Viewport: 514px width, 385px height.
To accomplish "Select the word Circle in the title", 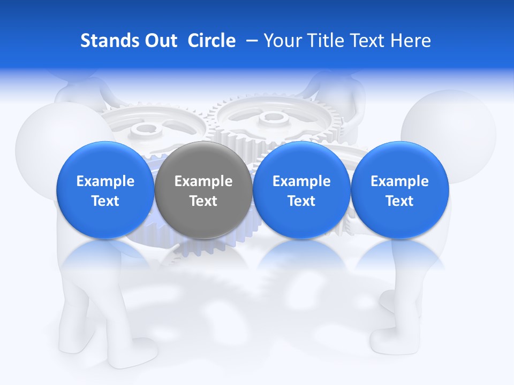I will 211,41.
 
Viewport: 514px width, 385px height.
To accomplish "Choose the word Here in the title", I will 411,41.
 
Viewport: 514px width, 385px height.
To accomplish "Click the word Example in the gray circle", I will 203,181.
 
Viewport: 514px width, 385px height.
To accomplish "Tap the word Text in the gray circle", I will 203,201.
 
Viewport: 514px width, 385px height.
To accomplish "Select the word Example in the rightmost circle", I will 399,181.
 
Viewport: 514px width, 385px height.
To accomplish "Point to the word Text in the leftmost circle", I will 105,201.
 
